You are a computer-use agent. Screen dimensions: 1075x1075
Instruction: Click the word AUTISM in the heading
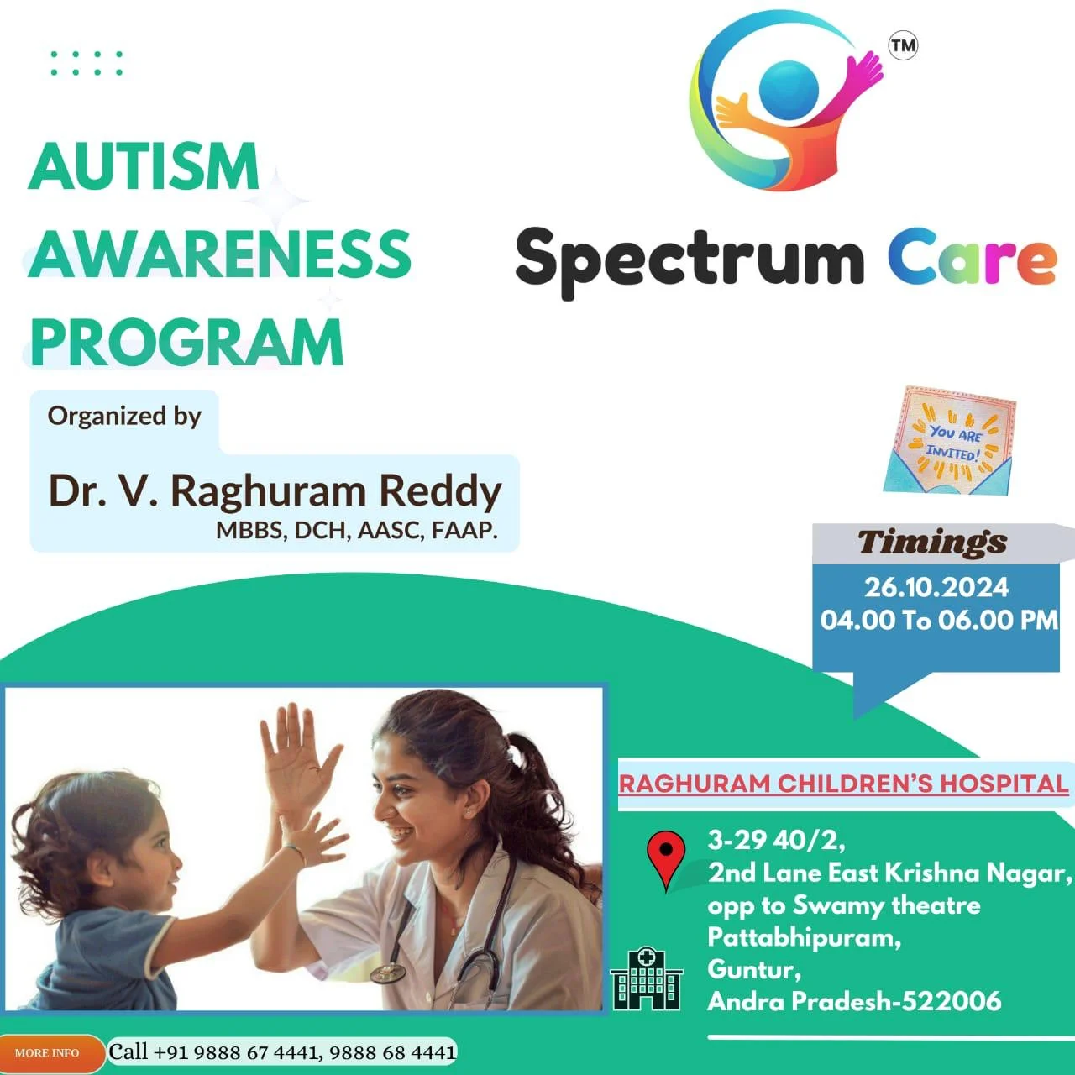144,165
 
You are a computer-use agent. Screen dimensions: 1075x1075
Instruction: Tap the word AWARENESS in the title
220,254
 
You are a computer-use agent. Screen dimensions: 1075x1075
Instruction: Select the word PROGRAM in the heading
186,342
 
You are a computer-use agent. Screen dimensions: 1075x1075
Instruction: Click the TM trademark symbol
903,45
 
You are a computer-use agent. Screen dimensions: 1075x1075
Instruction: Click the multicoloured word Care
972,260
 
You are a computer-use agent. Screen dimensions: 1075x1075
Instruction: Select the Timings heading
932,543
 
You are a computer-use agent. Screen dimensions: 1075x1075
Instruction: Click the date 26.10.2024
936,587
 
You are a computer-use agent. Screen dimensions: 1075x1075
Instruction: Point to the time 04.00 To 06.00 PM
939,620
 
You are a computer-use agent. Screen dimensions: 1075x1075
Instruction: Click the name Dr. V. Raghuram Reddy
275,492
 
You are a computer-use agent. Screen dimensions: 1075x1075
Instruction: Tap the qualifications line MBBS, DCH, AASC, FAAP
356,530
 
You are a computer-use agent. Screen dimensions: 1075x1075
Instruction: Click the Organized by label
123,417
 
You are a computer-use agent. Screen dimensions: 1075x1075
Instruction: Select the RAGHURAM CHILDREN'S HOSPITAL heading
843,784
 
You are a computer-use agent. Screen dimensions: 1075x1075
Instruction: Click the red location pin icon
666,860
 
